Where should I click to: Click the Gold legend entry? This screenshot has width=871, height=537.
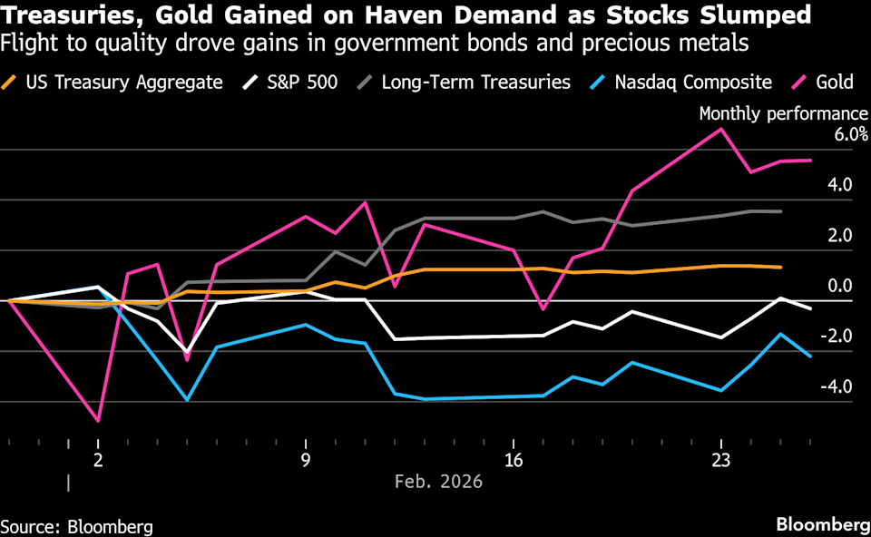coord(823,83)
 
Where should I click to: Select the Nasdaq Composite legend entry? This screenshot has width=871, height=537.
coord(680,83)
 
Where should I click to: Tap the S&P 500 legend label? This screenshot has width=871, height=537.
coord(302,83)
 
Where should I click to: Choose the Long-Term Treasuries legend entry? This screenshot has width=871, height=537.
coord(464,83)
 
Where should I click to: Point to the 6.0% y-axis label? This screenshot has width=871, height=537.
coord(850,134)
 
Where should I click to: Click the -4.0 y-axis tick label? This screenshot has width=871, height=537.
coord(836,386)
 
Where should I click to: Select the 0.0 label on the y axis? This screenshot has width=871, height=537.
coord(840,286)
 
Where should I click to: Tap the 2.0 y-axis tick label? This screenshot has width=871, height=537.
coord(840,236)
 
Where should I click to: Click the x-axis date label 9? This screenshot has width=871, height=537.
coord(306,461)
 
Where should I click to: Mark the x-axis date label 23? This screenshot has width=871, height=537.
coord(721,461)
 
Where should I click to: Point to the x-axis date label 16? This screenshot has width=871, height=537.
coord(514,461)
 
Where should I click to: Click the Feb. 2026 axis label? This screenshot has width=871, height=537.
coord(438,481)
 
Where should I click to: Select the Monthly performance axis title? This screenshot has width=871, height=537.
coord(783,113)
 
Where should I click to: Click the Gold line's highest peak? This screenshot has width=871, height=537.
coord(721,129)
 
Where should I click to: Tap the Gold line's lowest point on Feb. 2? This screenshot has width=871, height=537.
coord(98,421)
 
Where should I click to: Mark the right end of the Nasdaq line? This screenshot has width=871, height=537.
coord(810,356)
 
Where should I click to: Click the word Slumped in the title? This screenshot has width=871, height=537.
coord(756,15)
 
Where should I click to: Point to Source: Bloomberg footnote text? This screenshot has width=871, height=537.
coord(76,526)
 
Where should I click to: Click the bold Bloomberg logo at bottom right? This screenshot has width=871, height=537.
coord(823,524)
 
